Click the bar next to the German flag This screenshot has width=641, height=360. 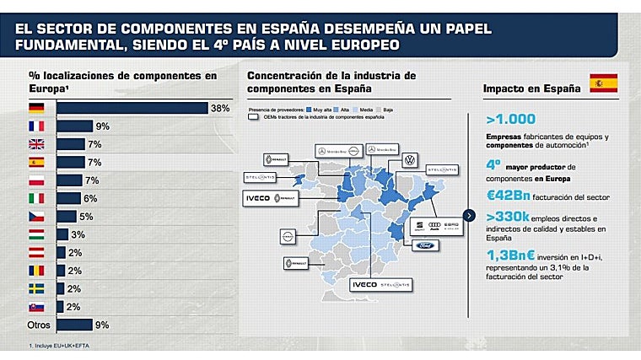(132, 108)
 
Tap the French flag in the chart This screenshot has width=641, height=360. (36, 126)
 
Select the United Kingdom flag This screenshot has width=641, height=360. (36, 144)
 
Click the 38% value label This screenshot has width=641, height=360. (219, 108)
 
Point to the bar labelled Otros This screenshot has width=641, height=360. (74, 325)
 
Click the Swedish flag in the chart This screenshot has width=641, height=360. (36, 288)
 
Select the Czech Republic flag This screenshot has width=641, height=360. (36, 216)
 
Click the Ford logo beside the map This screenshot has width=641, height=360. (426, 246)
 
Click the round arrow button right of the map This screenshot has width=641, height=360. (469, 216)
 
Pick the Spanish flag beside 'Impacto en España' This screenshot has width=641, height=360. (603, 83)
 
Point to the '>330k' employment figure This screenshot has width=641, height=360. (508, 218)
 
